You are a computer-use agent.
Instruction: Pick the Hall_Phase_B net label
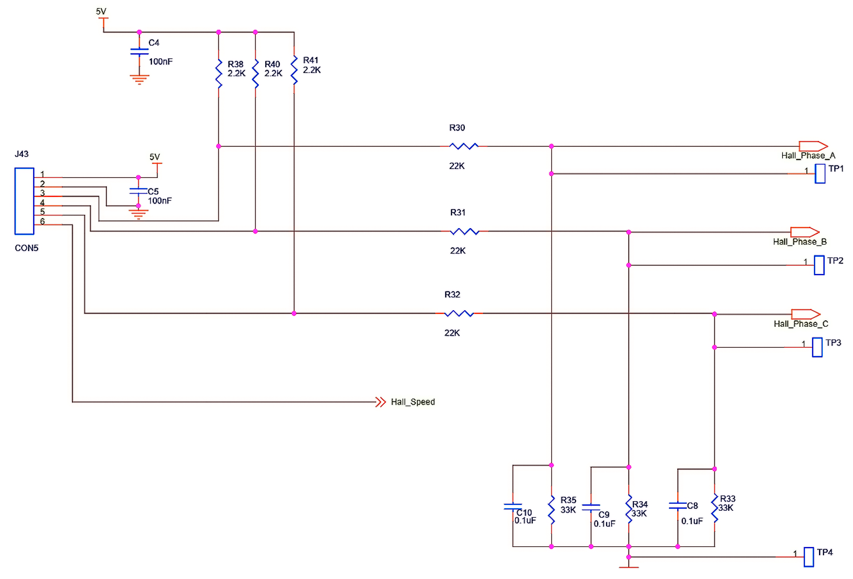click(x=799, y=242)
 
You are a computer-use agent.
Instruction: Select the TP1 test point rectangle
click(x=820, y=174)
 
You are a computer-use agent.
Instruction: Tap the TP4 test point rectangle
click(x=809, y=557)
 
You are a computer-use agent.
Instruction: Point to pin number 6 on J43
click(x=43, y=221)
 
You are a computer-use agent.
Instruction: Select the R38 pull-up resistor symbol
click(x=219, y=74)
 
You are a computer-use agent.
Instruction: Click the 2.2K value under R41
click(x=312, y=70)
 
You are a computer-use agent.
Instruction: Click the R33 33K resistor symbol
click(x=714, y=509)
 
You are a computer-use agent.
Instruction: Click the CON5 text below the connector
click(x=26, y=248)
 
